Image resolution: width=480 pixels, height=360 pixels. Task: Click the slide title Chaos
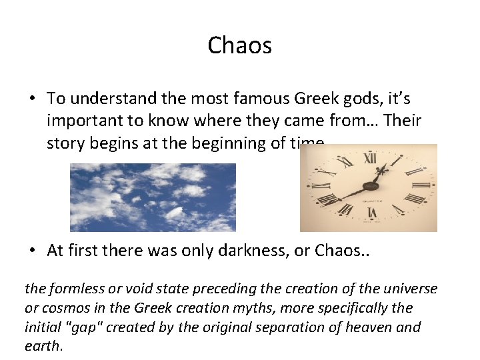point(239,45)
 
